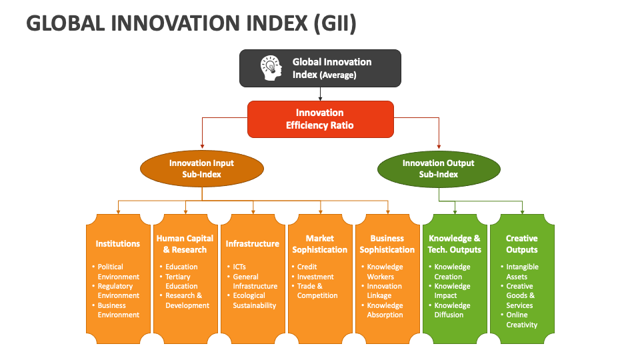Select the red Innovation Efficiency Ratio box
320,119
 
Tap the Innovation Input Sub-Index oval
201,169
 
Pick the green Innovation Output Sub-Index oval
438,169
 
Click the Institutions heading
118,244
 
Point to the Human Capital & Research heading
185,244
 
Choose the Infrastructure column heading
252,244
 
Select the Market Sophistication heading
320,244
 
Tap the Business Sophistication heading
387,244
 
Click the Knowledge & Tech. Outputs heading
455,244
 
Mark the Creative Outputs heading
521,244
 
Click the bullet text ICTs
239,267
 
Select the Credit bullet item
307,267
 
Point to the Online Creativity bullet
521,320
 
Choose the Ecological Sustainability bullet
254,301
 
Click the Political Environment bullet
118,271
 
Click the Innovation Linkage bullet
385,291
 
